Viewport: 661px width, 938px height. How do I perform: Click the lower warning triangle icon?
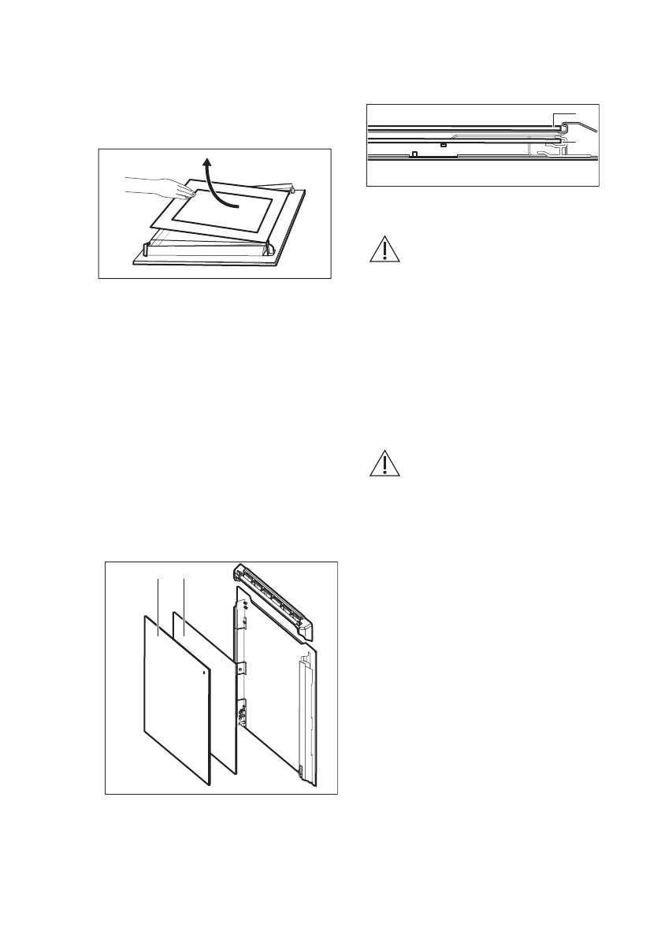(382, 464)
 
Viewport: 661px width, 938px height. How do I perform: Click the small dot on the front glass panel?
(205, 673)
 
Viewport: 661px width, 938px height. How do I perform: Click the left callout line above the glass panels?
(159, 606)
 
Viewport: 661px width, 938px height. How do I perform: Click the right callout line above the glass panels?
(184, 606)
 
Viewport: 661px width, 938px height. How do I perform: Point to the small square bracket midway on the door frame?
(242, 669)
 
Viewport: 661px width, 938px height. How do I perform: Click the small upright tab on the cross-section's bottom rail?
(414, 154)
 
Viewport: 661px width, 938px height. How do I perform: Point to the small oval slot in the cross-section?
(444, 145)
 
